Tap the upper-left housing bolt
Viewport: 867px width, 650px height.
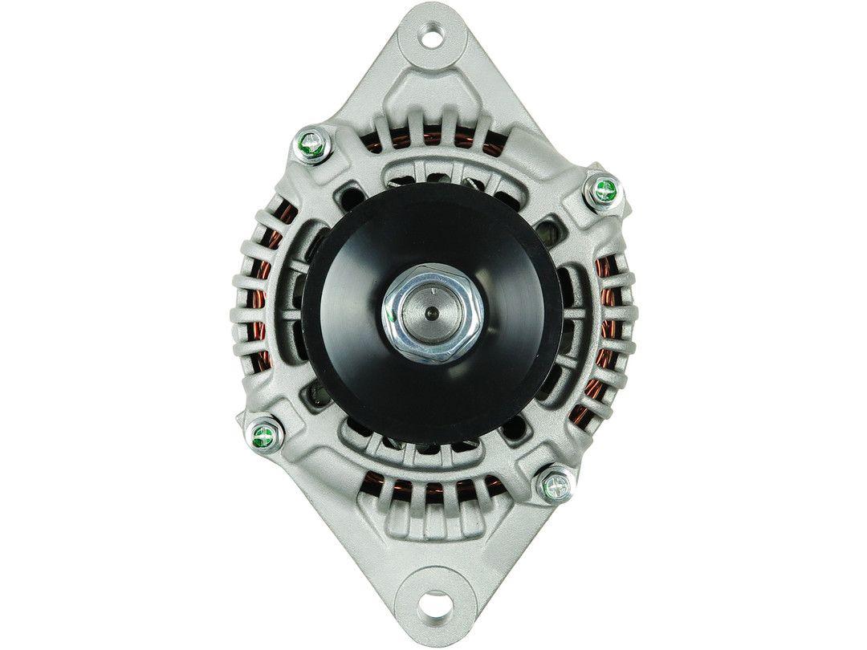[310, 145]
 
